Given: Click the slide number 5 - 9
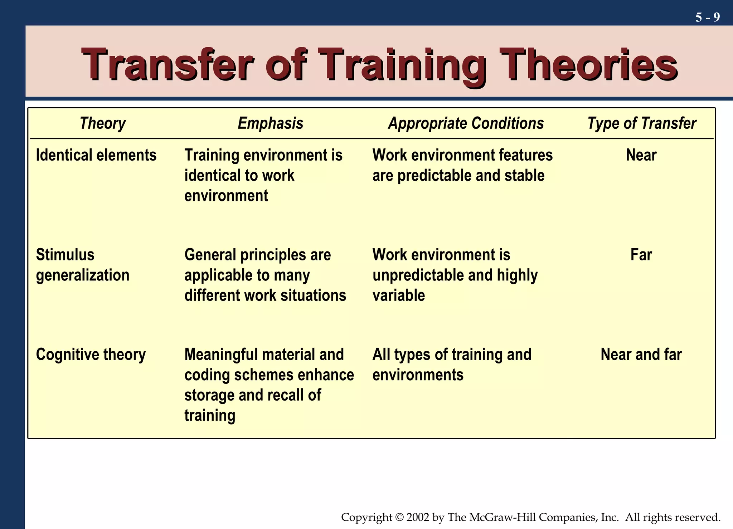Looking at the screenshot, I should [x=707, y=17].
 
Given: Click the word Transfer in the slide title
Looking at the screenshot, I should [x=168, y=64].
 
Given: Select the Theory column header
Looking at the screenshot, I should [x=103, y=123].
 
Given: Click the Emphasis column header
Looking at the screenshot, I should [x=270, y=123].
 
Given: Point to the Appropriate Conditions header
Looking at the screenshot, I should [x=466, y=123].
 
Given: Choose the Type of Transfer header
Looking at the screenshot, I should [x=641, y=123].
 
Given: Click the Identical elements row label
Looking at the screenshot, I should [x=96, y=155].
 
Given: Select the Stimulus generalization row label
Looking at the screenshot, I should [x=82, y=265].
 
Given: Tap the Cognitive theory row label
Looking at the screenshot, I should [x=91, y=354].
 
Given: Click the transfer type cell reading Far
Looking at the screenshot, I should [x=641, y=255].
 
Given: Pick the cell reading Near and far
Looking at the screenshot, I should [x=641, y=354].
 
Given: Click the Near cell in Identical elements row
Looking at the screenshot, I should [x=641, y=155].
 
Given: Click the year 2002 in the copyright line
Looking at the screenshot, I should [x=417, y=517].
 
